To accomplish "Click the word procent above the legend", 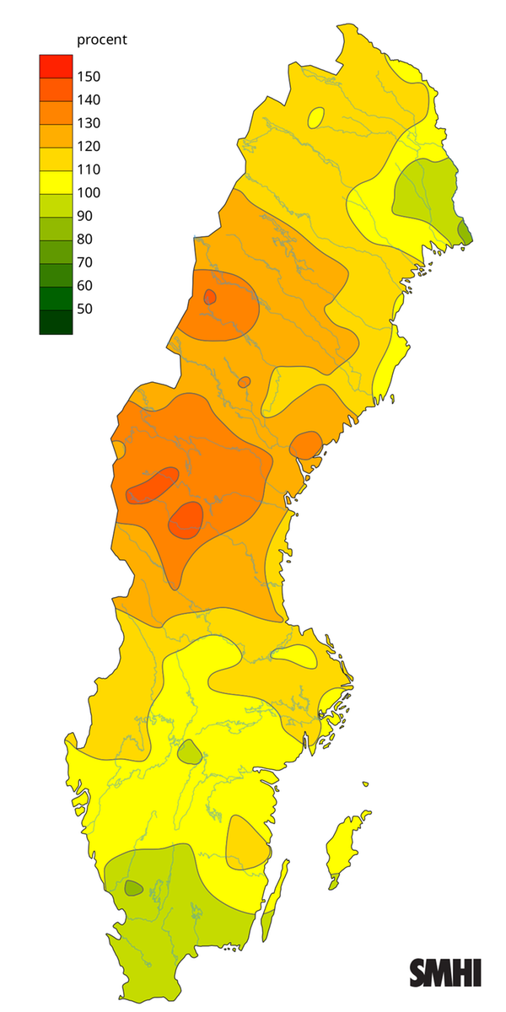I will click(102, 40).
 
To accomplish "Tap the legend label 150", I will click(89, 77).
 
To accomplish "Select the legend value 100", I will click(89, 192).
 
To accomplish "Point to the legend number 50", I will click(84, 309).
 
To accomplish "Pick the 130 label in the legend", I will click(89, 123).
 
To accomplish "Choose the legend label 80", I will click(84, 239).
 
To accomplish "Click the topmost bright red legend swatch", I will click(56, 65).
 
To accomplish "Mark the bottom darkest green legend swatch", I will click(56, 323).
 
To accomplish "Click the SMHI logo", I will click(445, 972).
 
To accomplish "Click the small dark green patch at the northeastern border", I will click(464, 230).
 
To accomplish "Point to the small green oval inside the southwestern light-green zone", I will click(133, 888).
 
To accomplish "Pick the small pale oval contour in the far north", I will click(315, 117).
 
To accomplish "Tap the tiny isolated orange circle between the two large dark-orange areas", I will click(244, 382).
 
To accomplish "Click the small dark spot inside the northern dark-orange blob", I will click(209, 297).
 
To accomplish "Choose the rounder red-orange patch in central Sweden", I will click(186, 519).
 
